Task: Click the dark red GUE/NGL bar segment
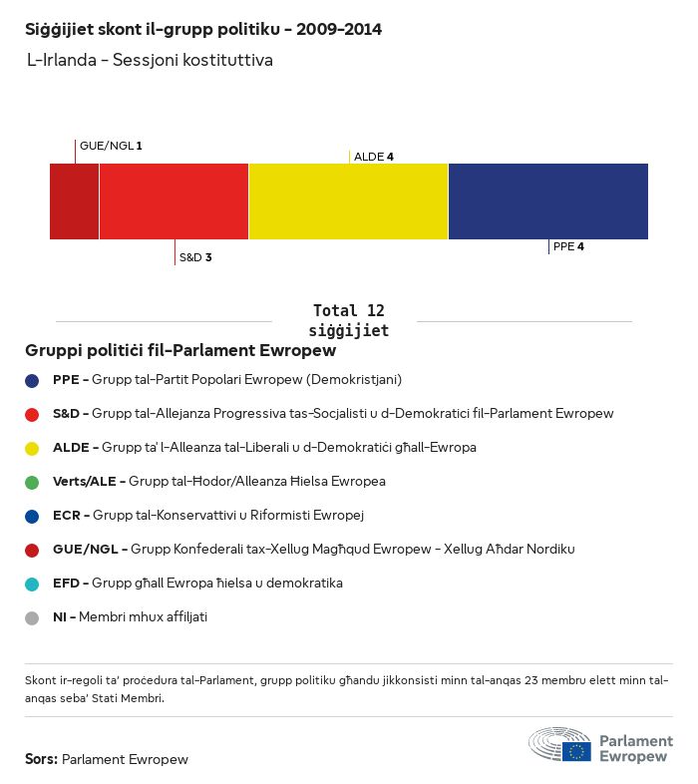(75, 201)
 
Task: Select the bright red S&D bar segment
(174, 201)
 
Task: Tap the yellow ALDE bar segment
(348, 201)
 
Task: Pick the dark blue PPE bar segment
(547, 201)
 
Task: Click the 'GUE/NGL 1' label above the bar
(111, 146)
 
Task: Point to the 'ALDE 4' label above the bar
(374, 157)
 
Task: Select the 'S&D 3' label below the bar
(195, 257)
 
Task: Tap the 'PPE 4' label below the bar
(568, 246)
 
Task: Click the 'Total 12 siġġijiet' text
(348, 320)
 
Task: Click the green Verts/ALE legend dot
(32, 482)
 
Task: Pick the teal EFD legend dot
(32, 584)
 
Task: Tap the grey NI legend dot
(32, 617)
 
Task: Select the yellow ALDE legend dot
(32, 448)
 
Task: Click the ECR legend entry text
(208, 516)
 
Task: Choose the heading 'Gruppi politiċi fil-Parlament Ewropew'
(180, 351)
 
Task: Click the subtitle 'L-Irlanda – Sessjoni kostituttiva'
(150, 61)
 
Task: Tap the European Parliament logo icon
(559, 745)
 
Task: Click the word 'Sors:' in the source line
(41, 759)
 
